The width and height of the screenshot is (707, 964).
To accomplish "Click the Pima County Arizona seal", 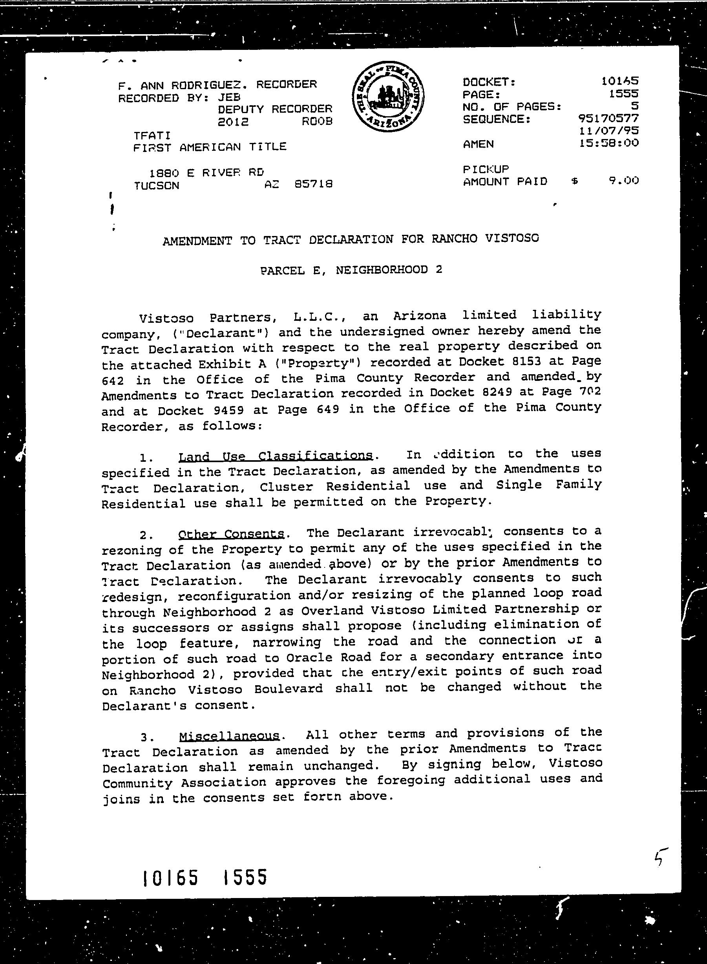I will (388, 97).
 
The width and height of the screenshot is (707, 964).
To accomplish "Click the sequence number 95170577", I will (608, 118).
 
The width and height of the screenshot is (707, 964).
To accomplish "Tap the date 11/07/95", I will (608, 130).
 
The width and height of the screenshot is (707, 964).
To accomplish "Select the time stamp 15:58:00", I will (608, 143).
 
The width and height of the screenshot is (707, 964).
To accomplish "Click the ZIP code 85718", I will (314, 184).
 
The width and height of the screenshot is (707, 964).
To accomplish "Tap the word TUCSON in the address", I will (157, 186).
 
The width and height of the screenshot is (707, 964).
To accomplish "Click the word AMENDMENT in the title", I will (197, 241).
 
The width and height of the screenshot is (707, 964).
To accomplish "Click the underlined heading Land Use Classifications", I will (275, 456).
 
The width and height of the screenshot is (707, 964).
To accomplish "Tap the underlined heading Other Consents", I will (231, 534).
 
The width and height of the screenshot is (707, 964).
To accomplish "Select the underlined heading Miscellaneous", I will (229, 736).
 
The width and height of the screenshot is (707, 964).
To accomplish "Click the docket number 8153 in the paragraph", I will (526, 362).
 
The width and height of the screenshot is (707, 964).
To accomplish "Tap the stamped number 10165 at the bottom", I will (170, 878).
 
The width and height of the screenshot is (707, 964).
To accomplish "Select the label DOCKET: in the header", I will (489, 82).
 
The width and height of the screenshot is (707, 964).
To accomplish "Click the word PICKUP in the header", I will (485, 169).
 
